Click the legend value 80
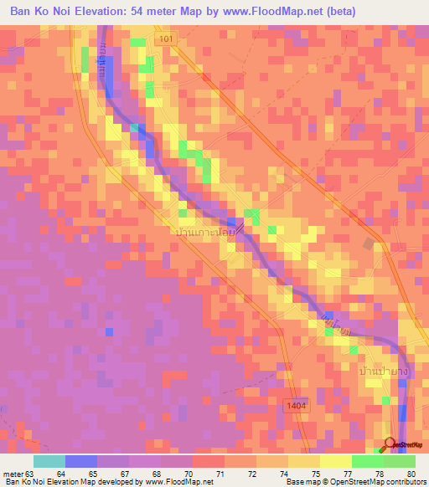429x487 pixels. click(x=411, y=472)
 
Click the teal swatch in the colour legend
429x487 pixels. click(x=49, y=461)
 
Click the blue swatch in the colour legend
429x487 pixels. click(x=81, y=461)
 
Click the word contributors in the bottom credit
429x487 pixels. click(x=404, y=482)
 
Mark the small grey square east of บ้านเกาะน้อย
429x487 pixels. click(x=370, y=243)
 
